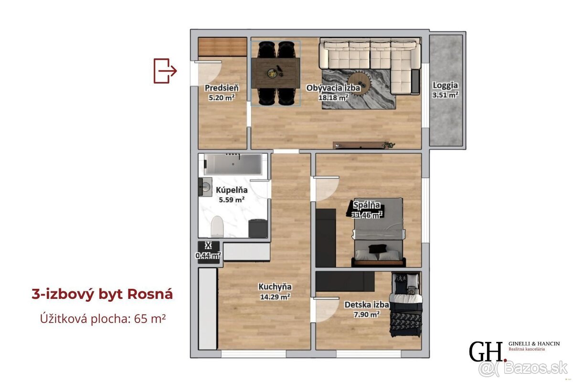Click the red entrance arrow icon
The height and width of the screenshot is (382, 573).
tap(165, 71)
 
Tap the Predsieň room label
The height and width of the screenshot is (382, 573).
tap(222, 88)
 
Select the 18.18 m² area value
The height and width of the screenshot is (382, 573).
tap(333, 97)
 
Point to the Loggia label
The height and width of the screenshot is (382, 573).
tap(445, 85)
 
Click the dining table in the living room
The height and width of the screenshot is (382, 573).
tap(276, 73)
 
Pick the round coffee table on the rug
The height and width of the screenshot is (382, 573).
tap(359, 83)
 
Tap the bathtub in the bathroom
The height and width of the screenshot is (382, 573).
tap(233, 164)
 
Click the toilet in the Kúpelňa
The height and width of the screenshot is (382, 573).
tap(217, 226)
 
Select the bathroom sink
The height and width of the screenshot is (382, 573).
tap(205, 187)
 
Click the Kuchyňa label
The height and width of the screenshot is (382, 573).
tap(275, 287)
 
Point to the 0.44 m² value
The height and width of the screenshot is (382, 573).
tap(208, 255)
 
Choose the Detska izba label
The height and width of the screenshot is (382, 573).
tap(367, 305)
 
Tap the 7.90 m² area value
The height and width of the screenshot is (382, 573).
tap(367, 314)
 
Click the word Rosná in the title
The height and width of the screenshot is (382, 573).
tap(150, 294)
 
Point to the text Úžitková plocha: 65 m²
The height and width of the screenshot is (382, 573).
tap(103, 319)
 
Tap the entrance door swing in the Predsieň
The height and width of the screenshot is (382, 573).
tap(209, 73)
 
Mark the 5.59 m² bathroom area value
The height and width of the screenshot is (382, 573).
tap(232, 200)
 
